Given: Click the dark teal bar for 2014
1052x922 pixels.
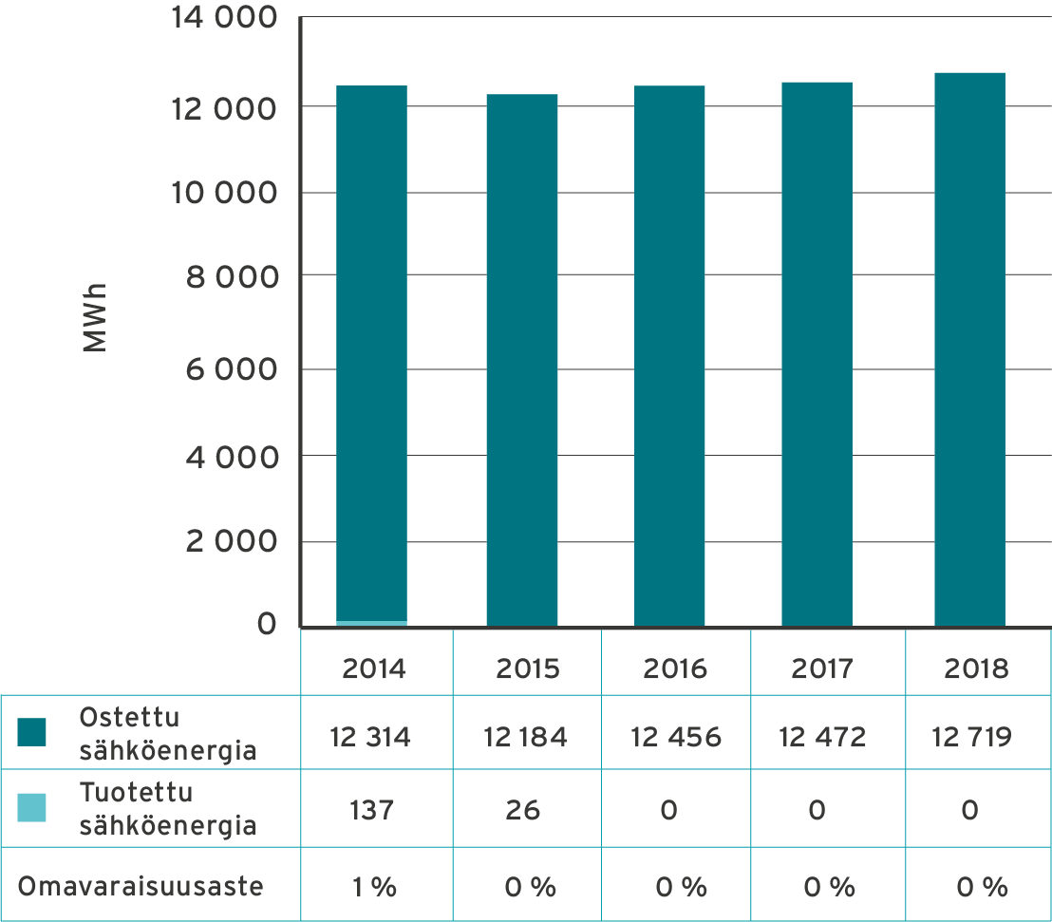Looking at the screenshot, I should click(x=372, y=351).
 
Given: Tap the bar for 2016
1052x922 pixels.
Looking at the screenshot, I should click(x=670, y=355).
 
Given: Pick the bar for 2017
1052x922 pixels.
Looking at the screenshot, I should click(x=817, y=353).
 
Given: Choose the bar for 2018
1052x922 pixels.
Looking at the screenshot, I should click(x=969, y=348).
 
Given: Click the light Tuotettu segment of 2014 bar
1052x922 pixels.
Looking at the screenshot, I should click(x=372, y=623).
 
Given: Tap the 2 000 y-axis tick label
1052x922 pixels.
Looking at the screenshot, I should click(x=232, y=542).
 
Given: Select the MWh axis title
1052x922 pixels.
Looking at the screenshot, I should click(x=95, y=317).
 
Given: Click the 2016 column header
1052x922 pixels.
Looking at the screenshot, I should click(x=675, y=668).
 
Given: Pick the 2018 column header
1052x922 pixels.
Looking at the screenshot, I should click(x=976, y=668).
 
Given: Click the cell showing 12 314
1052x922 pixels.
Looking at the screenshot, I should click(x=370, y=737).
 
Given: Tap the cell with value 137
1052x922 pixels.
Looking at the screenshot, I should click(x=371, y=810).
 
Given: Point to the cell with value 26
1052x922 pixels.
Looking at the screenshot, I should click(x=523, y=810).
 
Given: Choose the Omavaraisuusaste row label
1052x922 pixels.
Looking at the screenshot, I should click(x=141, y=888).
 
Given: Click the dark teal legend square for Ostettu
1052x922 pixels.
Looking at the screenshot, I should click(x=31, y=732).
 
